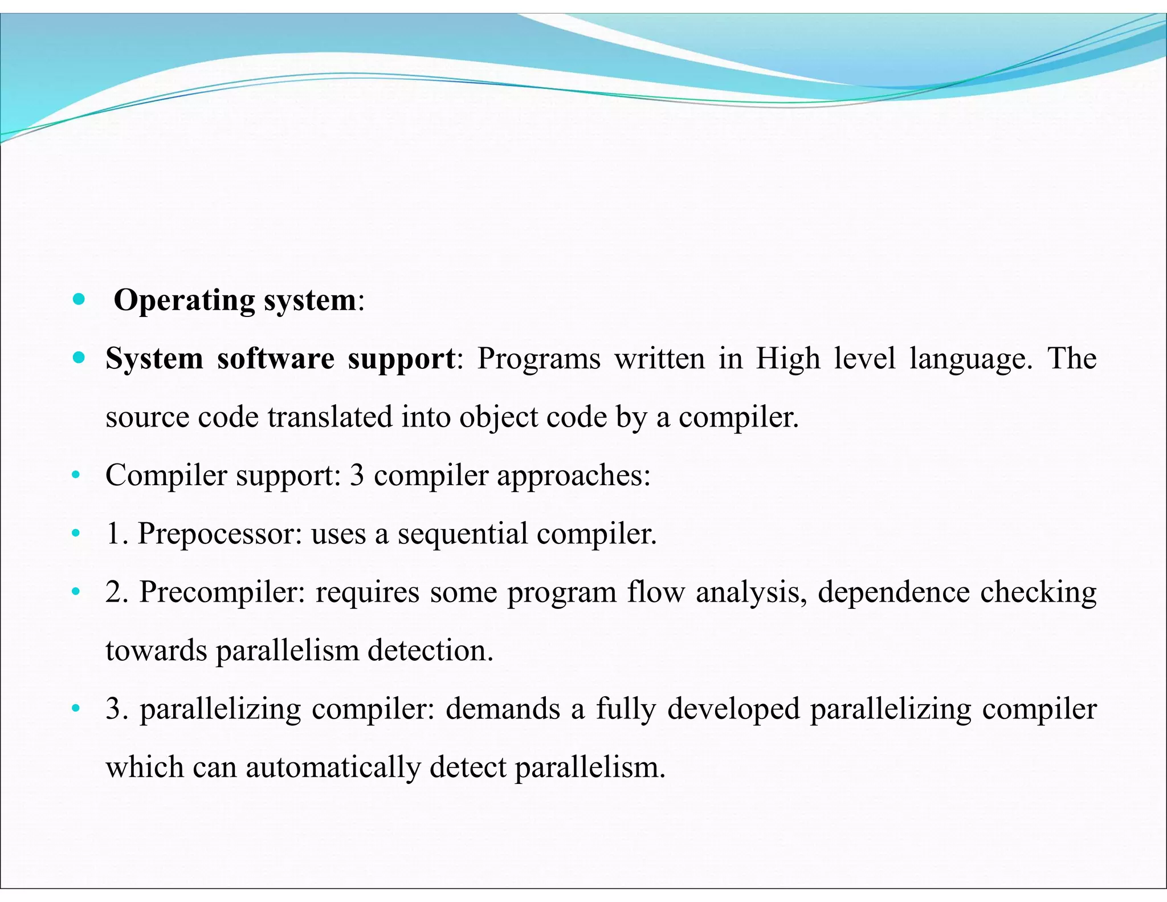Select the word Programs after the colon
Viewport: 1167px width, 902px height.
click(x=538, y=359)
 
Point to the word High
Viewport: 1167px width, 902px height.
click(x=788, y=359)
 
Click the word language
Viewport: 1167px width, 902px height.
click(x=970, y=359)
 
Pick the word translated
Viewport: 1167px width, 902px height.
click(x=330, y=417)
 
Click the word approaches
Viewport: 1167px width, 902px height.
click(x=573, y=476)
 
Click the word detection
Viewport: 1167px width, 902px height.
click(x=430, y=651)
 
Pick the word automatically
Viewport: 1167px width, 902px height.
click(x=333, y=767)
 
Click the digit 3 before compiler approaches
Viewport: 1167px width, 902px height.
click(x=357, y=476)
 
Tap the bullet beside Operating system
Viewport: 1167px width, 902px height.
click(x=79, y=299)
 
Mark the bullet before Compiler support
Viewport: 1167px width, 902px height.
click(x=75, y=476)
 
